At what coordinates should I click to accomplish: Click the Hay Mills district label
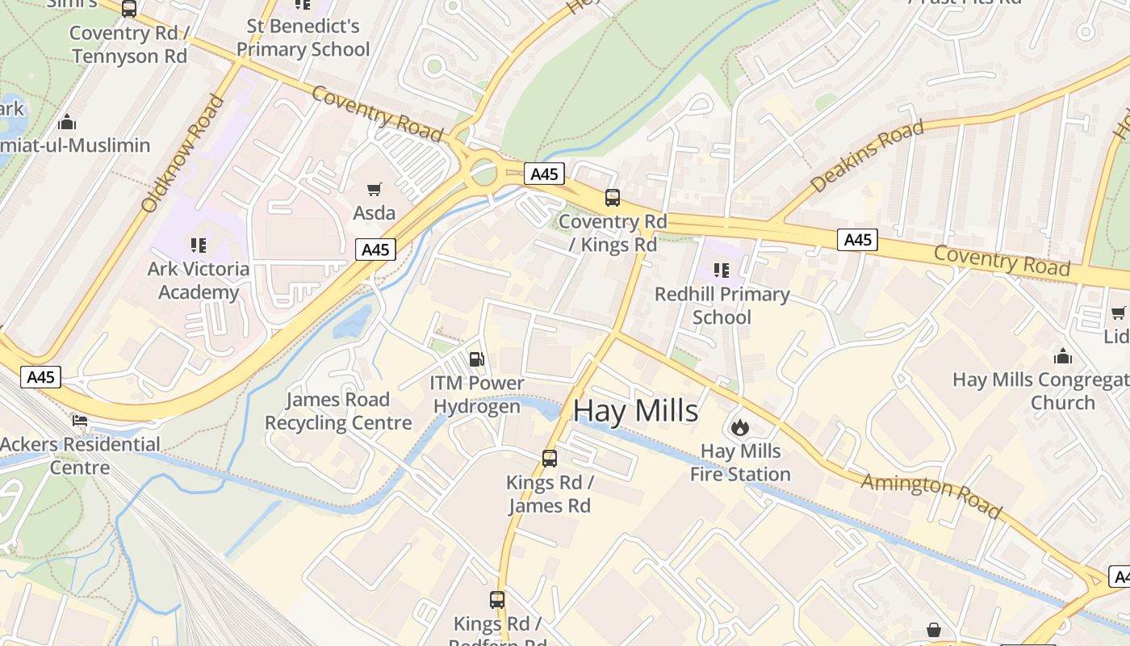point(635,411)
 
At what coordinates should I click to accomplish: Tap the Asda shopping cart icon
point(374,190)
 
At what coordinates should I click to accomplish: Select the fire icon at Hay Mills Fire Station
point(739,427)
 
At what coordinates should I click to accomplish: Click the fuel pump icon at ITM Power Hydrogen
point(477,359)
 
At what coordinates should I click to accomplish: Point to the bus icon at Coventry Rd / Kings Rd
point(613,198)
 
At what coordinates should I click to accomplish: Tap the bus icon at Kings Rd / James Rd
point(550,459)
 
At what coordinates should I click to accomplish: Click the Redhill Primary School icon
point(722,270)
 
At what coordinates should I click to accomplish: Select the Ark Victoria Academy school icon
point(199,245)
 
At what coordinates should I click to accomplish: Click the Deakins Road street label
point(866,157)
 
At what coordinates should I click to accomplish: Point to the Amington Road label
point(931,495)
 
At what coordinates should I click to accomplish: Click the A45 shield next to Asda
point(375,250)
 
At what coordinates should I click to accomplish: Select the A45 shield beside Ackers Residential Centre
point(40,377)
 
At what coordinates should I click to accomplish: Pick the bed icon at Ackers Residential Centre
point(80,421)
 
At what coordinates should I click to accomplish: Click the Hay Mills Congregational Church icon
point(1063,356)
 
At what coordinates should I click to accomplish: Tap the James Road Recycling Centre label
point(338,411)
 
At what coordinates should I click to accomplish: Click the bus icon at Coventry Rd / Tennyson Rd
point(129,9)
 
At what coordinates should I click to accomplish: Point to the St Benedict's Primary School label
point(303,38)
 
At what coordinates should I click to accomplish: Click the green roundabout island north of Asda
point(483,172)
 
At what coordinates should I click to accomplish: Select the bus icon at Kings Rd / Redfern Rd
point(497,600)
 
